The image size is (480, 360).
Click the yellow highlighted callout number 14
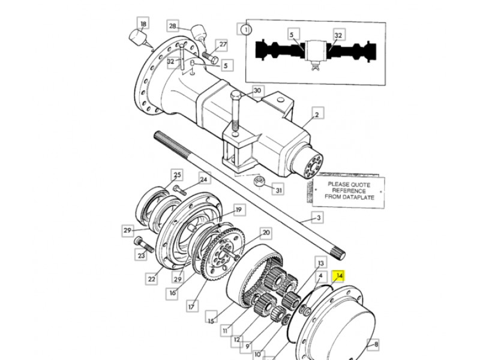[x=339, y=277]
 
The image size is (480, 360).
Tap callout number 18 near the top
[x=143, y=23]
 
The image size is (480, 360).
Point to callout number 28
[x=173, y=26]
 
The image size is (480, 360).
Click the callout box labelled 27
[x=223, y=44]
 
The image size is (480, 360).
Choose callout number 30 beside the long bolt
[x=257, y=91]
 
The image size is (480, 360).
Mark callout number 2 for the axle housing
[x=317, y=115]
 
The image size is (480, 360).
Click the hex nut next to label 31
[x=259, y=181]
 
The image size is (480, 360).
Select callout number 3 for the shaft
[x=318, y=218]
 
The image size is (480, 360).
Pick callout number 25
[x=177, y=175]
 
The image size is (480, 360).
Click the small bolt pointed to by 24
[x=179, y=190]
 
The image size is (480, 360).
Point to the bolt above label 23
[x=143, y=244]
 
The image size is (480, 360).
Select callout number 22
[x=152, y=279]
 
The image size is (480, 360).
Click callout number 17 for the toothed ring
[x=191, y=306]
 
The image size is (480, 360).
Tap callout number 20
[x=266, y=233]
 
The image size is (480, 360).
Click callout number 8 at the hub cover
[x=376, y=344]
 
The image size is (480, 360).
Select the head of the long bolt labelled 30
[x=236, y=95]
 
